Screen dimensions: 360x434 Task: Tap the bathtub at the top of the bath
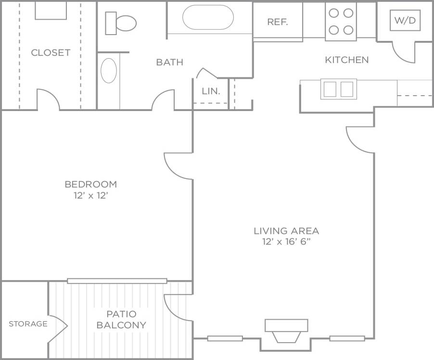click(208, 17)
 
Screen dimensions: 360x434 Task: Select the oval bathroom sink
click(109, 71)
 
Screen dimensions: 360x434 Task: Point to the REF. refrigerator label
click(278, 22)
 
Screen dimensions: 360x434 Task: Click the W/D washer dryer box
click(405, 21)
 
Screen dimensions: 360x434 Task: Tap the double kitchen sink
click(339, 89)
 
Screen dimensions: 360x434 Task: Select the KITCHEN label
click(346, 60)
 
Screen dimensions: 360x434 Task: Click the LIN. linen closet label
click(211, 91)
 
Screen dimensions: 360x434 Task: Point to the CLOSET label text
click(51, 53)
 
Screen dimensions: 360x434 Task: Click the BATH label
click(169, 62)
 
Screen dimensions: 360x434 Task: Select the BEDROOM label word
click(90, 184)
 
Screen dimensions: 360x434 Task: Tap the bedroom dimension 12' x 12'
click(90, 196)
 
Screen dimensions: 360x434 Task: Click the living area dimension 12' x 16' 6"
click(286, 242)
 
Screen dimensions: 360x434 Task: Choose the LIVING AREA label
click(286, 231)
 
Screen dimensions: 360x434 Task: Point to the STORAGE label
click(28, 324)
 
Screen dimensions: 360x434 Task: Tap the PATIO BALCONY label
click(121, 320)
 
